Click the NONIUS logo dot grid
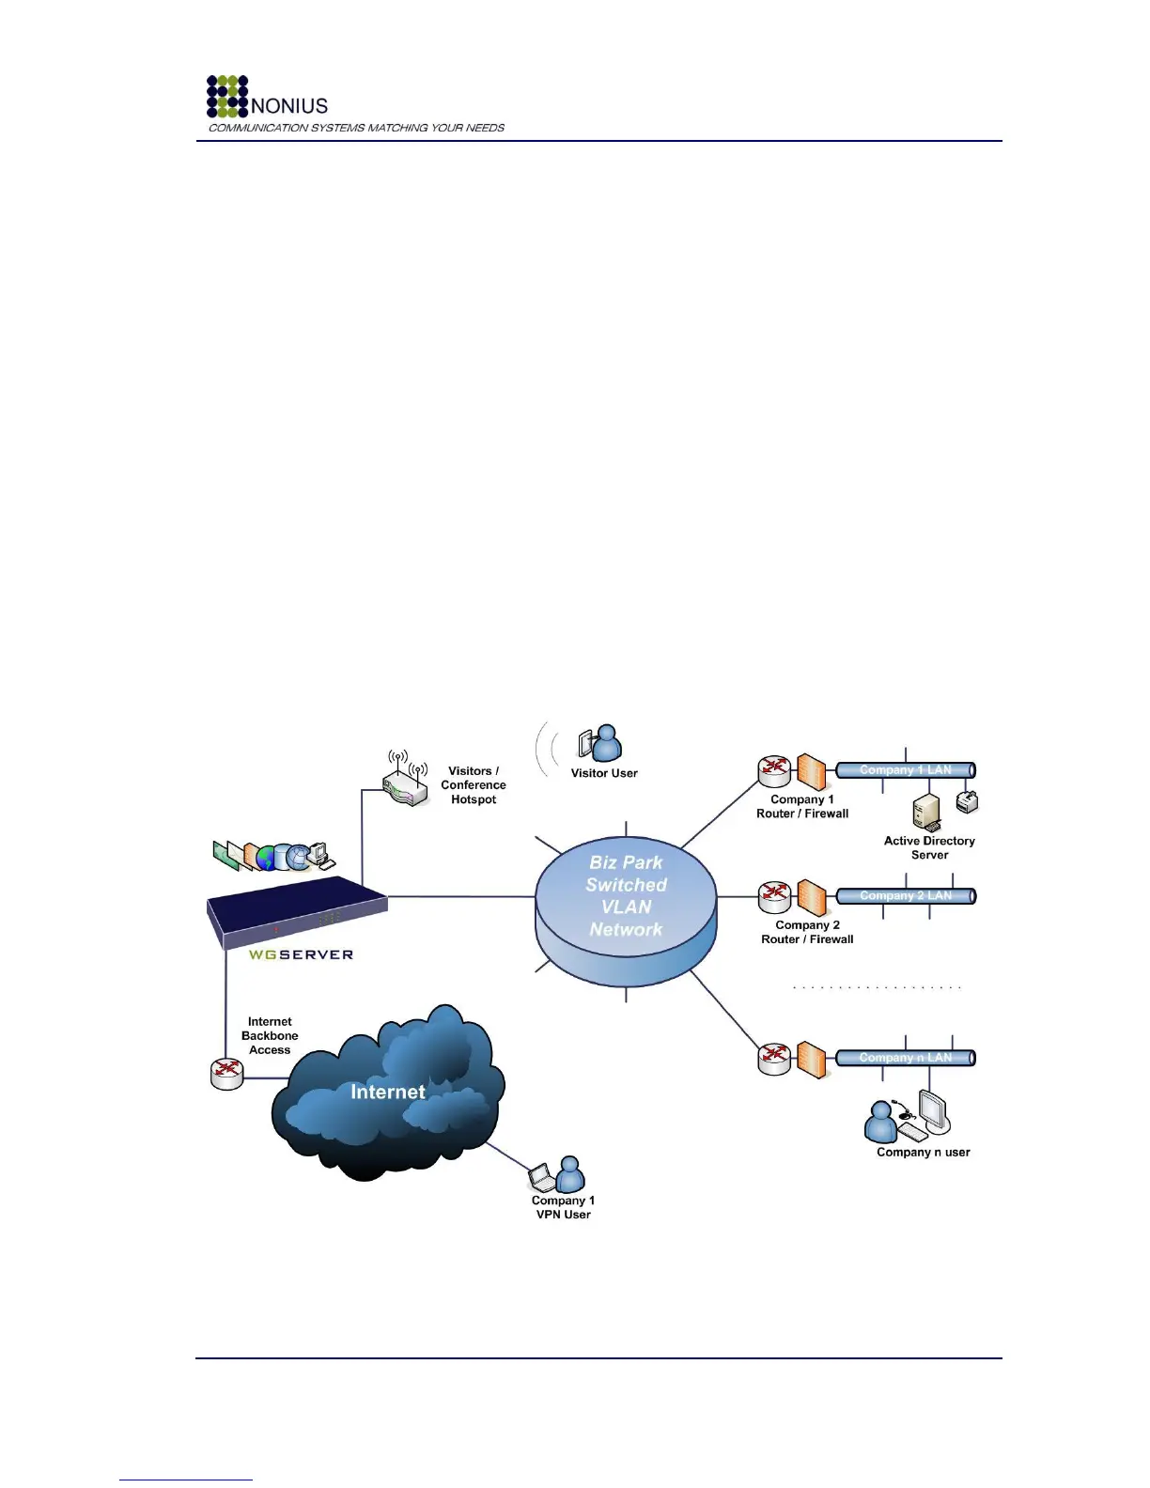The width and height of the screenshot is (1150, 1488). tap(227, 97)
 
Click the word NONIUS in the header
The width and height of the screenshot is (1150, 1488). tap(289, 105)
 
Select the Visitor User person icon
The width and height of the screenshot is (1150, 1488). tap(602, 744)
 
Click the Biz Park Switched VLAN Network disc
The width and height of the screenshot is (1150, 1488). tap(626, 897)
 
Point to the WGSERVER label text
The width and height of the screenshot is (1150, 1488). tap(301, 954)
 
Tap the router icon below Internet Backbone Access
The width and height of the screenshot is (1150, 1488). tap(227, 1073)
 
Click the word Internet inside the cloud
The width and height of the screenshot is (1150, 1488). tap(387, 1092)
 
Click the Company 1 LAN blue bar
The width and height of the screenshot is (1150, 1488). tap(905, 770)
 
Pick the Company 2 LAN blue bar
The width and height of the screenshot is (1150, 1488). tap(905, 896)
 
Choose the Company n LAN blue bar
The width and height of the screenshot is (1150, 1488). tap(905, 1058)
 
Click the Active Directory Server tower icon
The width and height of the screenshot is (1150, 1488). tap(926, 813)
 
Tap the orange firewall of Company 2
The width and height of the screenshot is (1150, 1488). tap(811, 898)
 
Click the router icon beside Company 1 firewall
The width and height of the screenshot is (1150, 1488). tap(775, 771)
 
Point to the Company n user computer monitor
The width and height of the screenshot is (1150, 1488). tap(934, 1110)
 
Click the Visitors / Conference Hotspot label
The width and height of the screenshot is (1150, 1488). tap(474, 785)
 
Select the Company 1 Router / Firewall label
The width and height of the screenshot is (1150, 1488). tap(802, 807)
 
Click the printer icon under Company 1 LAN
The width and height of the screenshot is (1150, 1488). tap(968, 801)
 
